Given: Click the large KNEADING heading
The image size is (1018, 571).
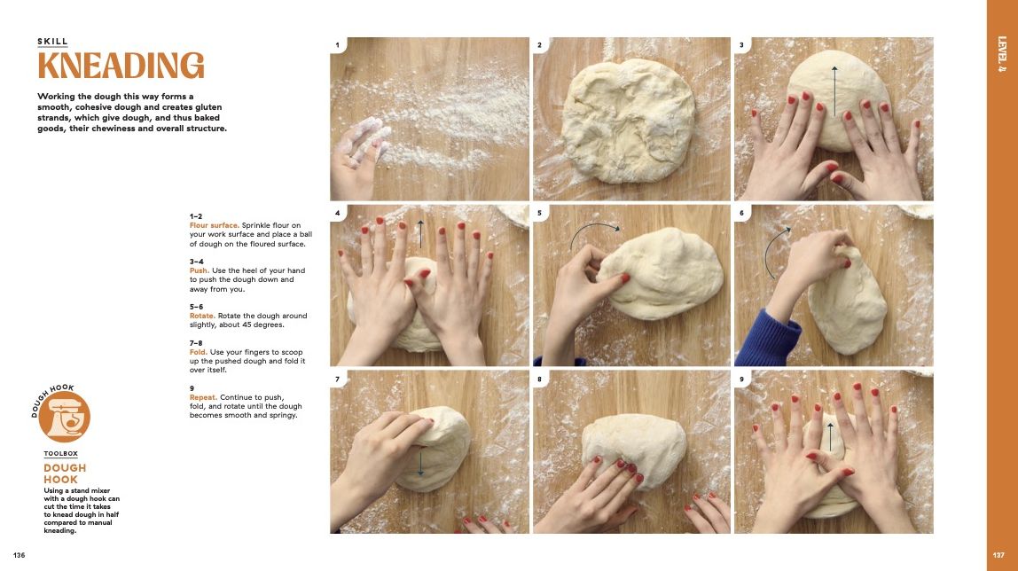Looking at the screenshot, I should click(121, 66).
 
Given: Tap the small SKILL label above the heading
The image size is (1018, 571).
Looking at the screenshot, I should click(52, 42).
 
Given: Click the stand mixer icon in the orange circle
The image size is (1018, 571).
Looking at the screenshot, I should click(65, 418).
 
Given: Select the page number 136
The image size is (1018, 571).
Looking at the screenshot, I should click(19, 555).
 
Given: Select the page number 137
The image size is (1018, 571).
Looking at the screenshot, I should click(1000, 555).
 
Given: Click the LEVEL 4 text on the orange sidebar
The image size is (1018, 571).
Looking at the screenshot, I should click(1002, 54).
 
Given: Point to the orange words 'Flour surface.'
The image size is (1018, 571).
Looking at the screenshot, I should click(215, 225).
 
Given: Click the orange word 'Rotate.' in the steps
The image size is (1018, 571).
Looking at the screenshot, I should click(205, 316).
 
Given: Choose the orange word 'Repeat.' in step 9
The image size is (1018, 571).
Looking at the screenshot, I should click(205, 397).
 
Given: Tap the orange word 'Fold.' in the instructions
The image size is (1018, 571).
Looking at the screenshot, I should click(200, 352).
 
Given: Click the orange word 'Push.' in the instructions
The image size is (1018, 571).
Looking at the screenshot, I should click(200, 270).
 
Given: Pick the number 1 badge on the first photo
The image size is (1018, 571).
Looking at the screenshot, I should click(338, 44).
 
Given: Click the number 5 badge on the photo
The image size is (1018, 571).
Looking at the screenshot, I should click(539, 213).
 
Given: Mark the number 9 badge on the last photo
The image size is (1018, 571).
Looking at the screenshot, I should click(741, 379).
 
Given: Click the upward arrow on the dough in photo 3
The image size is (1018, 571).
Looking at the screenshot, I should click(834, 90).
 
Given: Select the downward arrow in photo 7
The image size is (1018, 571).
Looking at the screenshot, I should click(420, 461).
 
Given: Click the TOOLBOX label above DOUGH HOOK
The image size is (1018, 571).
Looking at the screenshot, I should click(61, 453).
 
